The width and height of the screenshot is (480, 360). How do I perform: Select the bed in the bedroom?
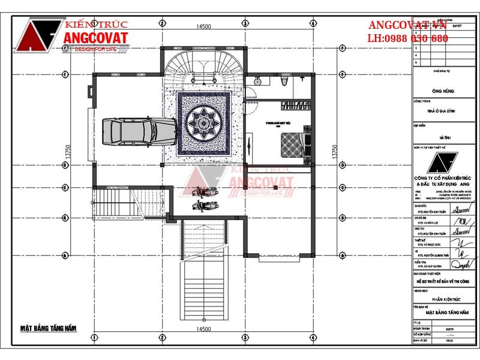(x=295, y=143)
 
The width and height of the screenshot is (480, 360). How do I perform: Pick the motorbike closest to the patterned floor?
(x=204, y=193)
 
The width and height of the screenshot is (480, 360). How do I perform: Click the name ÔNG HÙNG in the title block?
(x=443, y=91)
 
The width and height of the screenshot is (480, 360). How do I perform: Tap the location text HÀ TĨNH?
(x=443, y=137)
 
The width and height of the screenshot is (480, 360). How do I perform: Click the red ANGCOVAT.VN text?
(x=407, y=25)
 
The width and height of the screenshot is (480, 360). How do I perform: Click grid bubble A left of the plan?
(x=65, y=254)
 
